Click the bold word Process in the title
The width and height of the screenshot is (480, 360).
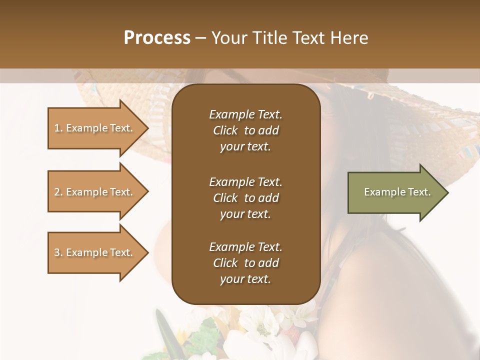157,38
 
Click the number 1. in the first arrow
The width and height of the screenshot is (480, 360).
58,128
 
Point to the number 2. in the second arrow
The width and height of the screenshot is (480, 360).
58,192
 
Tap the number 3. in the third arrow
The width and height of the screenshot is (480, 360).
58,252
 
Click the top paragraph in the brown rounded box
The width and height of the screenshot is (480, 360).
245,130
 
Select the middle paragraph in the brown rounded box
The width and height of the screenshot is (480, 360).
245,198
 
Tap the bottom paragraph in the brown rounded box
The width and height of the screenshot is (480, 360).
245,263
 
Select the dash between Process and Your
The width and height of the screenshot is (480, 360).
201,38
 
